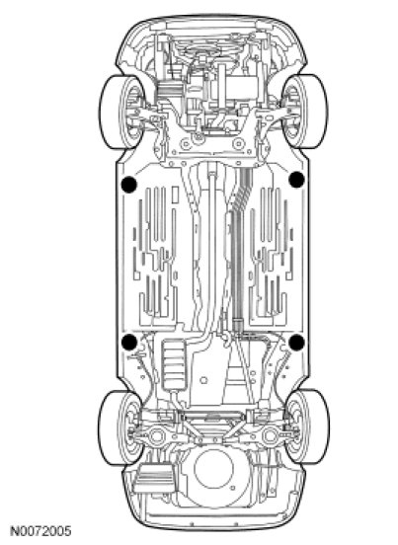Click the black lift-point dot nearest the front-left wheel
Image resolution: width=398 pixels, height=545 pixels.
[128, 185]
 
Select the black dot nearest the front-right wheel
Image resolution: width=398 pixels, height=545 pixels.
[296, 180]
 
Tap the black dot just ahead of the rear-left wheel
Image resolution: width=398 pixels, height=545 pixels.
[129, 342]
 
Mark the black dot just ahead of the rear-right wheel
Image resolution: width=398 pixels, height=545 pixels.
[296, 342]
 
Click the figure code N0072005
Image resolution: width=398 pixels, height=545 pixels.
[40, 531]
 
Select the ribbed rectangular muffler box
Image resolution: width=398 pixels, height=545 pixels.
[174, 365]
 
